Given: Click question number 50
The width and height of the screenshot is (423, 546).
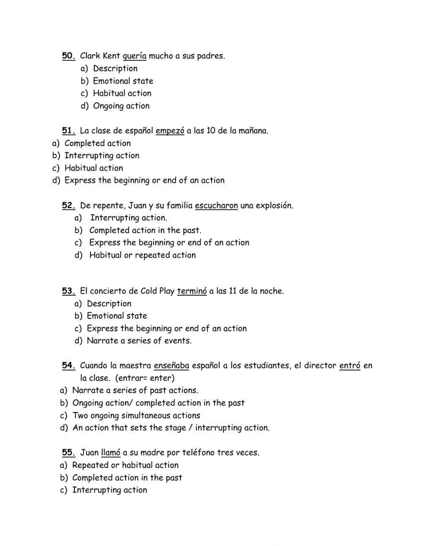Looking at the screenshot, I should [69, 56].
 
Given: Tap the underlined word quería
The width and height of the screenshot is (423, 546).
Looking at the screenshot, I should [134, 56].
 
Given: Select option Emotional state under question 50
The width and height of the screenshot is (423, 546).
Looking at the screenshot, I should [123, 81].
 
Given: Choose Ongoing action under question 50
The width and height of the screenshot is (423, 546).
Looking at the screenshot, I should [121, 106].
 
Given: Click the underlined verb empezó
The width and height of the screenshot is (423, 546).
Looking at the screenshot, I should [170, 131].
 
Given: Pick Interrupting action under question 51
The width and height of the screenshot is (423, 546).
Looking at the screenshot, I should [102, 155].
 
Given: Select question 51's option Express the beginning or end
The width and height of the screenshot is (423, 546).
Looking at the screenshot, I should [144, 180].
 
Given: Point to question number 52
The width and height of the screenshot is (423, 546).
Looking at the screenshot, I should [69, 206].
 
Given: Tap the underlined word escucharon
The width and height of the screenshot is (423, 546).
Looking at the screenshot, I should [216, 206].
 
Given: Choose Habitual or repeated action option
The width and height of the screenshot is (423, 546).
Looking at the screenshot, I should [142, 255].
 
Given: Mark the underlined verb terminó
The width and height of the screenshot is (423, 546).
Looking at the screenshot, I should [192, 291].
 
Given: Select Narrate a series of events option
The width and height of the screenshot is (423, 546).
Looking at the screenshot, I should [139, 340].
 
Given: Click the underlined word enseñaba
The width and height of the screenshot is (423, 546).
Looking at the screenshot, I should [171, 365].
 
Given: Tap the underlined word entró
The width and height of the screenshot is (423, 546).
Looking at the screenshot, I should [349, 365].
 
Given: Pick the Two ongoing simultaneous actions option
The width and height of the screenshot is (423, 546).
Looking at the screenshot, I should [136, 415].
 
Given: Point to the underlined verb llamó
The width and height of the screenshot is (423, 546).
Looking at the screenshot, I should [111, 453].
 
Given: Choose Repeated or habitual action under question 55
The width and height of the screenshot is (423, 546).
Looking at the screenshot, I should [125, 465].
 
